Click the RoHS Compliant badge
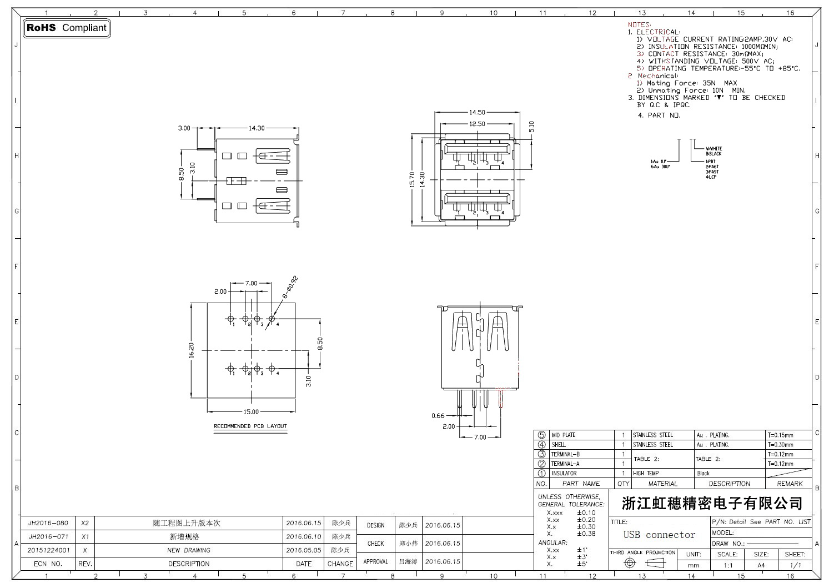[x=66, y=28]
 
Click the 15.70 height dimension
[x=413, y=179]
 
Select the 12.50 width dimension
[x=477, y=124]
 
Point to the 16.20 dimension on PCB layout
[x=192, y=350]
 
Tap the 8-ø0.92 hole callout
[x=291, y=288]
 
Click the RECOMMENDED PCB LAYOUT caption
[x=250, y=426]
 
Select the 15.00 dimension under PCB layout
[x=251, y=412]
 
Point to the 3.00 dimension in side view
[x=184, y=128]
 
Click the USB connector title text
[x=659, y=535]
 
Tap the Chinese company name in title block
[x=712, y=504]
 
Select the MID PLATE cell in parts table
[x=563, y=435]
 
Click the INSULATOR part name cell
[x=564, y=474]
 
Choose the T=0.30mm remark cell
[x=780, y=445]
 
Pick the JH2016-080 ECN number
[x=48, y=523]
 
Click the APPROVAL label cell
[x=375, y=562]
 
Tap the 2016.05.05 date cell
[x=303, y=550]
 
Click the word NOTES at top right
[x=639, y=25]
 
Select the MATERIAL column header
[x=662, y=484]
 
